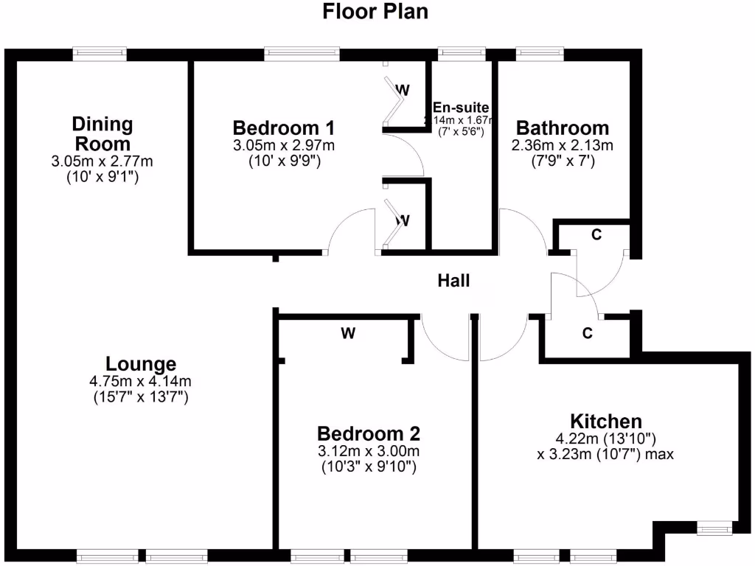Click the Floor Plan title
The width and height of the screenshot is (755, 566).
click(375, 12)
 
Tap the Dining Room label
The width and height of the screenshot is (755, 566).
click(102, 133)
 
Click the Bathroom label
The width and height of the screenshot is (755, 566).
click(562, 127)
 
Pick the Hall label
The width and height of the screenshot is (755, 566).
click(453, 280)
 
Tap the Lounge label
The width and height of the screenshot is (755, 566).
click(141, 364)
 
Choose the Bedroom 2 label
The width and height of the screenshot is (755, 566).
click(369, 433)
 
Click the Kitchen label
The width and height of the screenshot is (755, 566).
click(607, 422)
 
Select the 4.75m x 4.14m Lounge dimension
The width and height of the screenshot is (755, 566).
click(140, 382)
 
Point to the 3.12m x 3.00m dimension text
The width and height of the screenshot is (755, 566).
click(369, 451)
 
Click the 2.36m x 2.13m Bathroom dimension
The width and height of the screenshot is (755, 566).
click(562, 144)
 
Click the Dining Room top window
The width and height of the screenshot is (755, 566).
click(100, 53)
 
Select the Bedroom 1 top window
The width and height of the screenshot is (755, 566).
click(302, 53)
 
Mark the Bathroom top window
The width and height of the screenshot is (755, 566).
click(540, 53)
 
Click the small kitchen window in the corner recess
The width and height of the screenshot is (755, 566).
click(714, 528)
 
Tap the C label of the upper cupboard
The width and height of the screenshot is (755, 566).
click(596, 235)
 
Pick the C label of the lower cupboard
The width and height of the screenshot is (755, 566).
click(587, 333)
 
